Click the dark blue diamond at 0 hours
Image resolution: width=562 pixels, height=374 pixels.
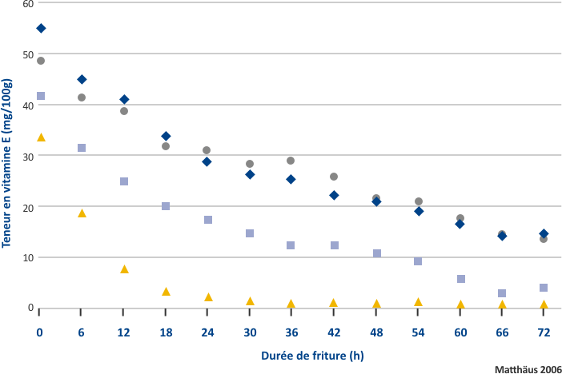coord(41,29)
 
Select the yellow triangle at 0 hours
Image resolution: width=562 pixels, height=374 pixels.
coord(41,137)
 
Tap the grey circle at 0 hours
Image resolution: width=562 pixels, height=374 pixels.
coord(41,61)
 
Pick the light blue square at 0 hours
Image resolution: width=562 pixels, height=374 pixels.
coord(41,96)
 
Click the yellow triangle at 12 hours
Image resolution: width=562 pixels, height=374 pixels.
coord(124,269)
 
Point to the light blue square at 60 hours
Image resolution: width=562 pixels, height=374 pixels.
coord(461,279)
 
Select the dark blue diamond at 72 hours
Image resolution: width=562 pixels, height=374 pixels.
coord(544,233)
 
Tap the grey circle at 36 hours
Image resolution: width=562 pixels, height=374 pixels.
coord(291,161)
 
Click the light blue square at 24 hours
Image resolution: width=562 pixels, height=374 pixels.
coord(208,220)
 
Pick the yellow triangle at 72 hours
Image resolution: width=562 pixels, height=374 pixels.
coord(544,304)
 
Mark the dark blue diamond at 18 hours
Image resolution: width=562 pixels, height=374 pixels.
coord(166,137)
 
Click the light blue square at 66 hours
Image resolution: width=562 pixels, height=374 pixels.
coord(502,293)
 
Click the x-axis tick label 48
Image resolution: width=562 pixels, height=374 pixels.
coord(376,331)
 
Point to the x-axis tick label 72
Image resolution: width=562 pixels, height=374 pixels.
coord(544,331)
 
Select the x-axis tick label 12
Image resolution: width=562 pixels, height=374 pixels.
coord(124,331)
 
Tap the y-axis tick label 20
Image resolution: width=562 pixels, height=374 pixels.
coord(29,207)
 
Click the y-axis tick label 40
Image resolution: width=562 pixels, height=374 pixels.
coord(29,105)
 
